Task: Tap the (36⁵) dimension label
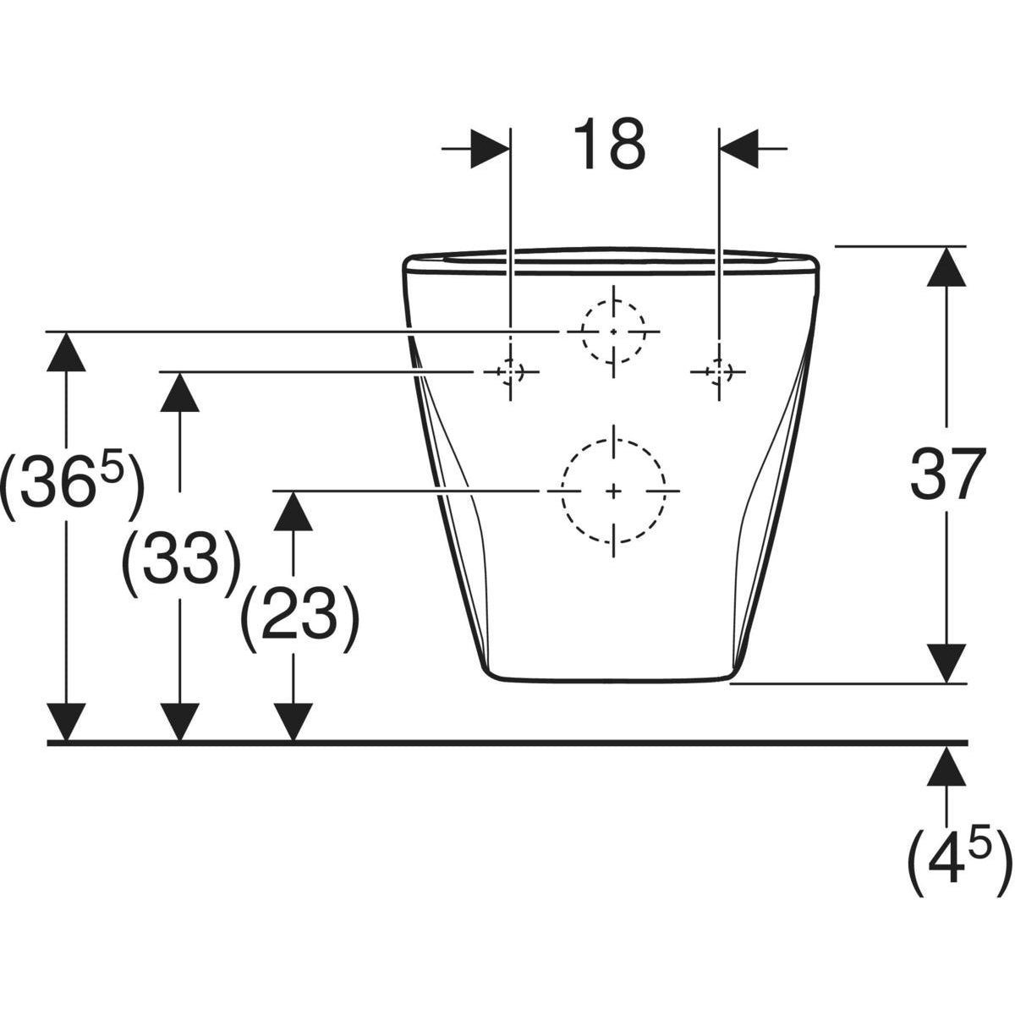pyautogui.click(x=72, y=483)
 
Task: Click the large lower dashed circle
pyautogui.click(x=613, y=491)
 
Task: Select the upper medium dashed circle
pyautogui.click(x=613, y=332)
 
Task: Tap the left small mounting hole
pyautogui.click(x=510, y=372)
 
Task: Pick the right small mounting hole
pyautogui.click(x=718, y=372)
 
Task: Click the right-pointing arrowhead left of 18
pyautogui.click(x=490, y=149)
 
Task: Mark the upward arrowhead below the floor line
pyautogui.click(x=946, y=765)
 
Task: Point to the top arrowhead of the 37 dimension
pyautogui.click(x=946, y=266)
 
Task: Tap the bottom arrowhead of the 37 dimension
pyautogui.click(x=946, y=664)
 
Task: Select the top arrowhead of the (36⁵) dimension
pyautogui.click(x=66, y=352)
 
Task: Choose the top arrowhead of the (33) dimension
pyautogui.click(x=179, y=392)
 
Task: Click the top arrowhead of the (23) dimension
pyautogui.click(x=293, y=511)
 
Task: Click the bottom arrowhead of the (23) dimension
pyautogui.click(x=293, y=722)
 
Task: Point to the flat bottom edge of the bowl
pyautogui.click(x=608, y=679)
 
